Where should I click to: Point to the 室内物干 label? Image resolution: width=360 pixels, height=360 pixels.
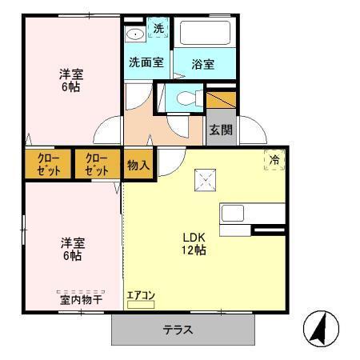coord(80,299)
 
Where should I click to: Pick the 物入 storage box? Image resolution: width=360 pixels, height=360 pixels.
coord(138,165)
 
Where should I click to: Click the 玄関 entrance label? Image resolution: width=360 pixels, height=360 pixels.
coord(221,130)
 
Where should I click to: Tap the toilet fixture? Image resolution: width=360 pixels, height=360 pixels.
coord(185,99)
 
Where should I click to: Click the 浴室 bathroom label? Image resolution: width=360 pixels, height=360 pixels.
coord(203,64)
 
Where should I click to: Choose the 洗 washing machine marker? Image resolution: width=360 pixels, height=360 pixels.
coord(158,29)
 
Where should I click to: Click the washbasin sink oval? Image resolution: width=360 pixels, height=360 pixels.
coord(135,34)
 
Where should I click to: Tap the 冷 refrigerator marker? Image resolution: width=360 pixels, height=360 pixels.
coord(274,159)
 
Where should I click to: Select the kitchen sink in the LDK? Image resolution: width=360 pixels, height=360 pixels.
coord(234,214)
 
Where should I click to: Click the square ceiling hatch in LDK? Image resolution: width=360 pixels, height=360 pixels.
coord(205,179)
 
